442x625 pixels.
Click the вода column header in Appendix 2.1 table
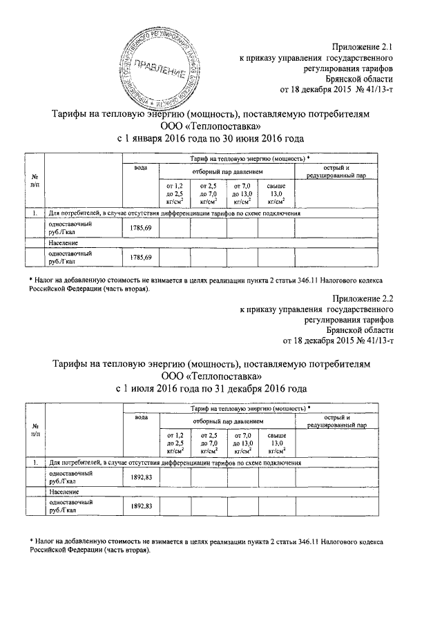(x=142, y=169)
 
